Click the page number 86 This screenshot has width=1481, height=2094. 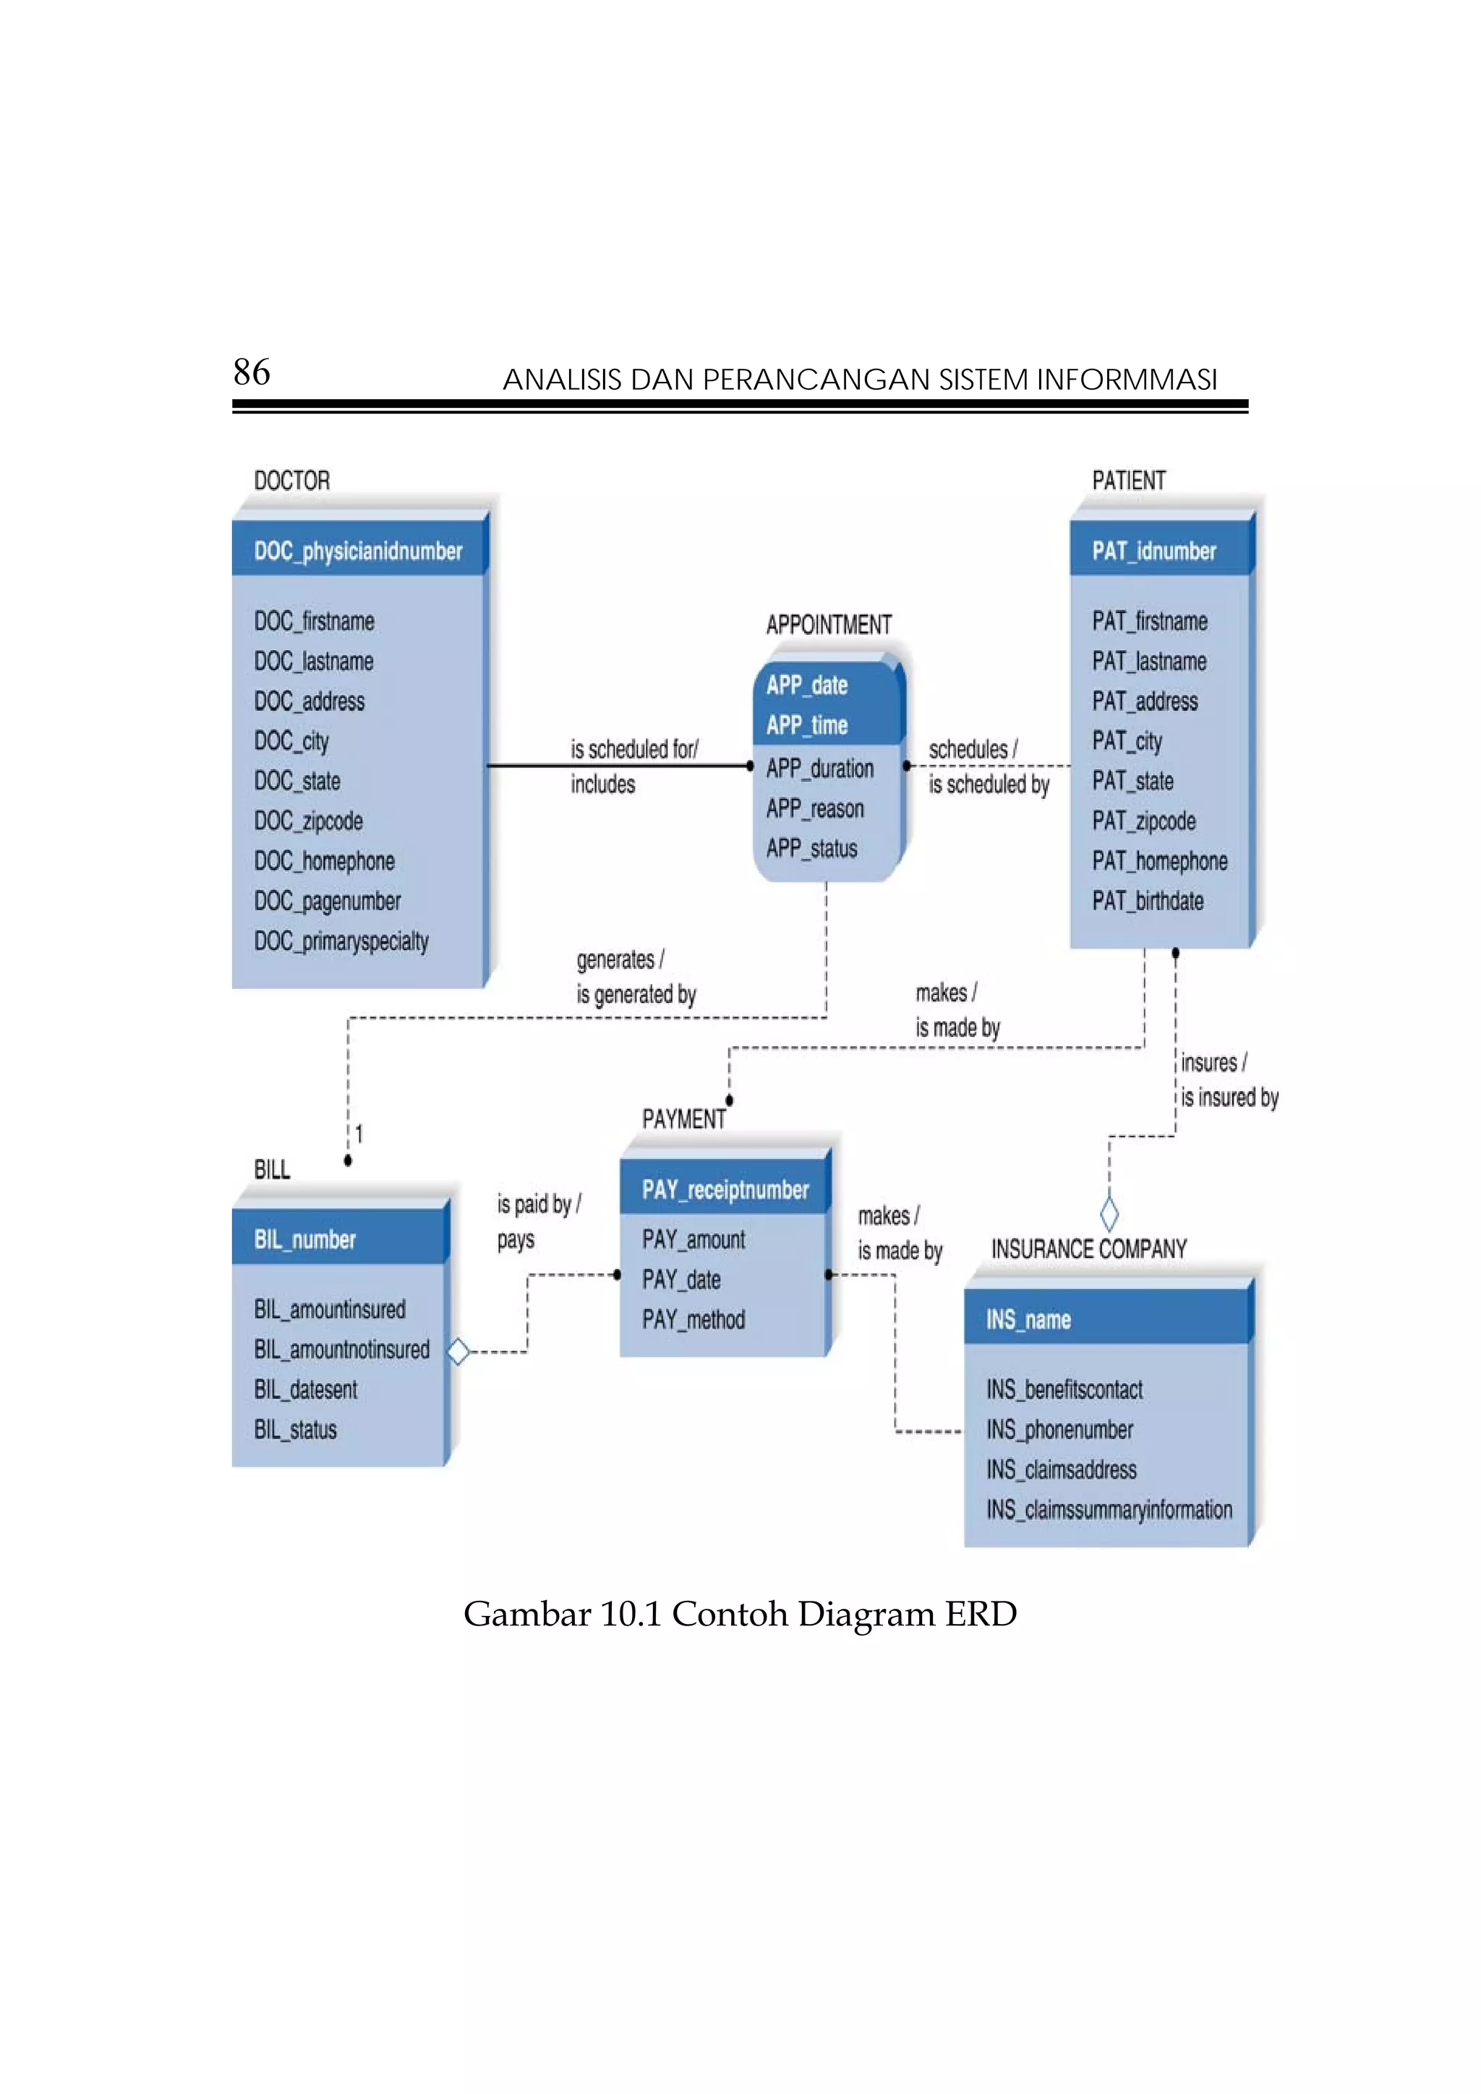[x=252, y=372]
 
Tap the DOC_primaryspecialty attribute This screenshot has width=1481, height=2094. [x=341, y=941]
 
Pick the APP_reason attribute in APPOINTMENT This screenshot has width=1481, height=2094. [x=814, y=809]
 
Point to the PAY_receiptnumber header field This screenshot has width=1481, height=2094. [x=725, y=1190]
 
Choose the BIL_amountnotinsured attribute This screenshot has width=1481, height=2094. [x=341, y=1350]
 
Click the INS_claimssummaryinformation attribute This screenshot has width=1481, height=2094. [x=1108, y=1510]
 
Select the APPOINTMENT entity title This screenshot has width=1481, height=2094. [x=828, y=625]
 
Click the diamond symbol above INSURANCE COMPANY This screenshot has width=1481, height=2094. [x=1109, y=1214]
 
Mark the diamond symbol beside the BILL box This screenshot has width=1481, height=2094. [x=458, y=1351]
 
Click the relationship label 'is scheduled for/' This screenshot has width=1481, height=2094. [x=633, y=750]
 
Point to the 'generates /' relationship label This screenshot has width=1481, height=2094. [x=620, y=960]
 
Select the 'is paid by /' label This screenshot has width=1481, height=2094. [x=538, y=1205]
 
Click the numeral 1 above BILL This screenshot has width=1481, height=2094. [x=359, y=1134]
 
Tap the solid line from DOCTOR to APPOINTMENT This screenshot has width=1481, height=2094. [x=620, y=765]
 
